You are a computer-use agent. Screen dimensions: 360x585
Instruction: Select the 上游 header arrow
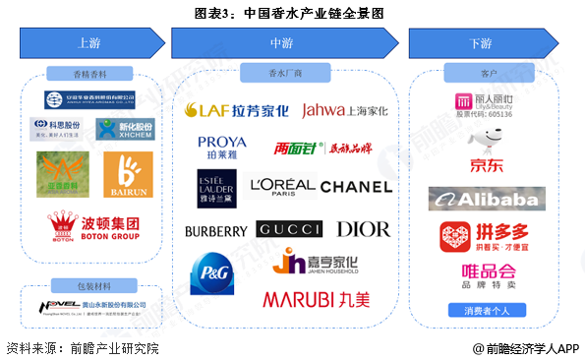pyautogui.click(x=88, y=43)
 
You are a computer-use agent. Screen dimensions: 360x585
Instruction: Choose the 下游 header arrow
pyautogui.click(x=481, y=43)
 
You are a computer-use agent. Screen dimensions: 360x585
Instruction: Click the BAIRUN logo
pyautogui.click(x=127, y=174)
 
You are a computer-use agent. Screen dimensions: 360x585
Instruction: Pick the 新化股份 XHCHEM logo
pyautogui.click(x=125, y=129)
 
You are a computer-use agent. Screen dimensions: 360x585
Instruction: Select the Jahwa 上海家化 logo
pyautogui.click(x=344, y=110)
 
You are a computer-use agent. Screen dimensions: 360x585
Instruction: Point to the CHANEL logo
pyautogui.click(x=356, y=186)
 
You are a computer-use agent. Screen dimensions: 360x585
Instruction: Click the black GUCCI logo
pyautogui.click(x=289, y=229)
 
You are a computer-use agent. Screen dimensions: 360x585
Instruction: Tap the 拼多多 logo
pyautogui.click(x=482, y=237)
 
